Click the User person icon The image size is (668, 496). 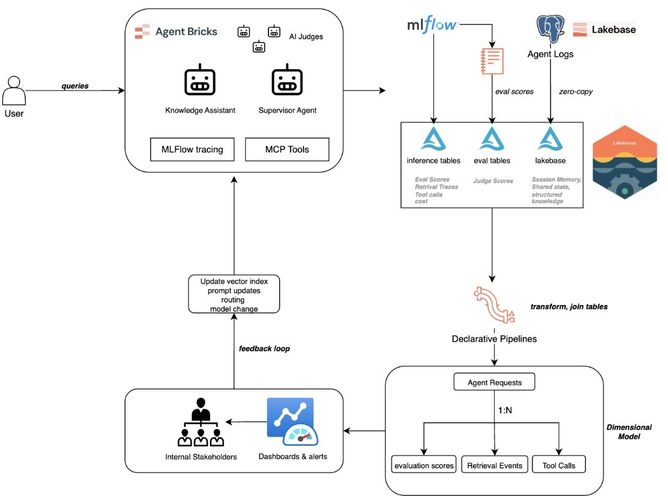[13, 91]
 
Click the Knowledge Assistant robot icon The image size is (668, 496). [200, 81]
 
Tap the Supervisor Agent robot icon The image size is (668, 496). [287, 81]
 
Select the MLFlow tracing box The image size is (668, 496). [192, 149]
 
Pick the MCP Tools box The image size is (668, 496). [287, 149]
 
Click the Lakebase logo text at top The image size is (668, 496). [605, 29]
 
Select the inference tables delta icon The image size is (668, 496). [433, 140]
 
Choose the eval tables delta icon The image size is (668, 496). [492, 140]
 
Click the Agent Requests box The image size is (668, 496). [494, 383]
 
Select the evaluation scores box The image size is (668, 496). [423, 465]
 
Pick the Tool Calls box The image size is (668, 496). [558, 465]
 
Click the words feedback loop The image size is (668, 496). [264, 348]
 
